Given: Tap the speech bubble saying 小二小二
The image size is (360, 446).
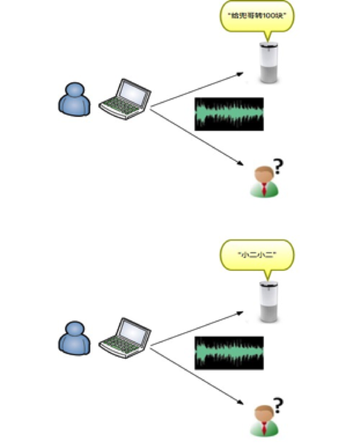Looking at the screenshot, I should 257,256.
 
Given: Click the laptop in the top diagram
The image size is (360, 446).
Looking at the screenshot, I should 124,99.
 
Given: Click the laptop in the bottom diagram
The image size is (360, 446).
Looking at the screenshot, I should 124,337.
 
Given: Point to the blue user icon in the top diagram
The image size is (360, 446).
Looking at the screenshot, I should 74,100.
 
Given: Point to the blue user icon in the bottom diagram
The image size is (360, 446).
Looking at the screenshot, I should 74,337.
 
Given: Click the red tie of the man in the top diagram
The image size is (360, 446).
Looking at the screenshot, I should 264,191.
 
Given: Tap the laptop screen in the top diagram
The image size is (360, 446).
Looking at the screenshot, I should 133,91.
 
